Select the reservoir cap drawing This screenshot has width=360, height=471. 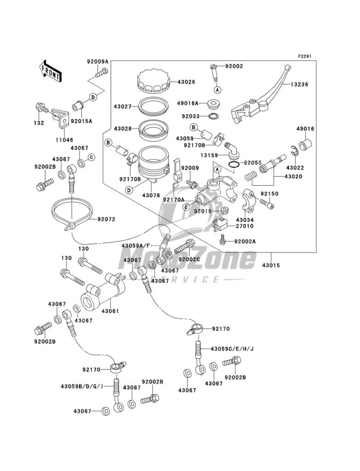tap(153, 81)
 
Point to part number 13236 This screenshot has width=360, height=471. tap(299, 85)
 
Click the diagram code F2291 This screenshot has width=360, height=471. tap(305, 56)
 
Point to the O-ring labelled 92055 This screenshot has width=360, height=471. tap(234, 165)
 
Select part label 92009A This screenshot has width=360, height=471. tap(97, 61)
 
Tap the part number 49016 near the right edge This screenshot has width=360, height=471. tap(305, 129)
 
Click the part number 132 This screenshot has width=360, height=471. tap(39, 123)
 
